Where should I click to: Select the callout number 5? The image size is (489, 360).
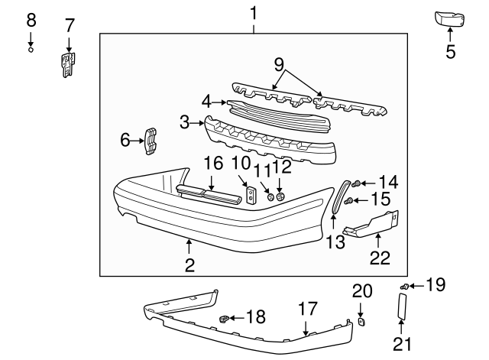[x=450, y=51]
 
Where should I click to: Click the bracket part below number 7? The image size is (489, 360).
[x=69, y=63]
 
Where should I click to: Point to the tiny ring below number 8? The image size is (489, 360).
[x=31, y=50]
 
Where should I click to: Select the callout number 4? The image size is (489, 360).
[x=206, y=101]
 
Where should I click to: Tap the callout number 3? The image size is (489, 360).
[x=184, y=122]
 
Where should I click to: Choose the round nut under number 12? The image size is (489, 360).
[x=280, y=197]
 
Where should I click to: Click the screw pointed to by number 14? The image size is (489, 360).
[x=357, y=183]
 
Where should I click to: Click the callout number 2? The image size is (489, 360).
[x=189, y=265]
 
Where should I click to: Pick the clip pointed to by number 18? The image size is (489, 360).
[x=225, y=317]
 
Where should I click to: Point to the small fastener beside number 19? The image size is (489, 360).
[x=404, y=287]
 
